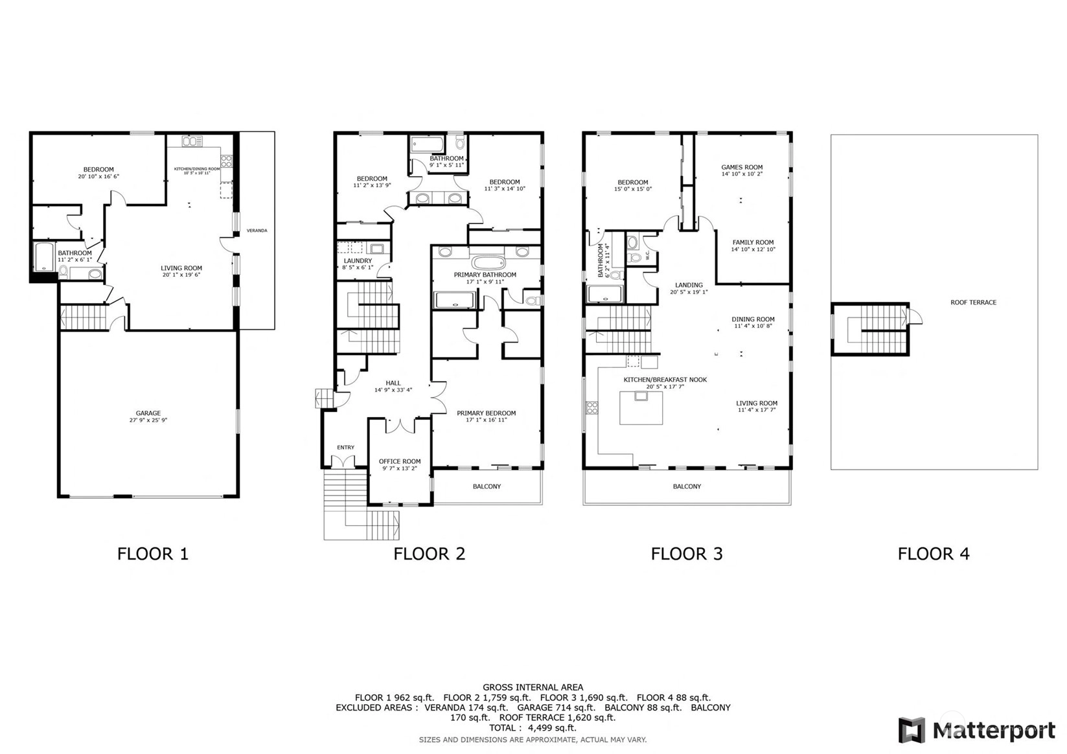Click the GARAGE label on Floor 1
(148, 413)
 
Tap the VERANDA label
(257, 231)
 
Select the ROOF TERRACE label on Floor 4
(973, 302)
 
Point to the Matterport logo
(977, 730)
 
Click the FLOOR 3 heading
(687, 553)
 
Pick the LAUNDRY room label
(358, 260)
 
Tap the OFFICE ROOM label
(400, 461)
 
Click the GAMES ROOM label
(742, 167)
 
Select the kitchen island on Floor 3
(641, 407)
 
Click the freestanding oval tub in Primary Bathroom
(488, 262)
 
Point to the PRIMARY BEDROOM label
(487, 413)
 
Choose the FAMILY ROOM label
(753, 242)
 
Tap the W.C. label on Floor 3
(647, 255)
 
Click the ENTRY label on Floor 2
(345, 447)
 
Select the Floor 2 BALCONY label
(487, 486)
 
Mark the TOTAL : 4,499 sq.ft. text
(533, 728)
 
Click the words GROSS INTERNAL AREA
(533, 687)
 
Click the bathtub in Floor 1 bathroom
(45, 258)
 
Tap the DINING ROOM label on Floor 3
(753, 319)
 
